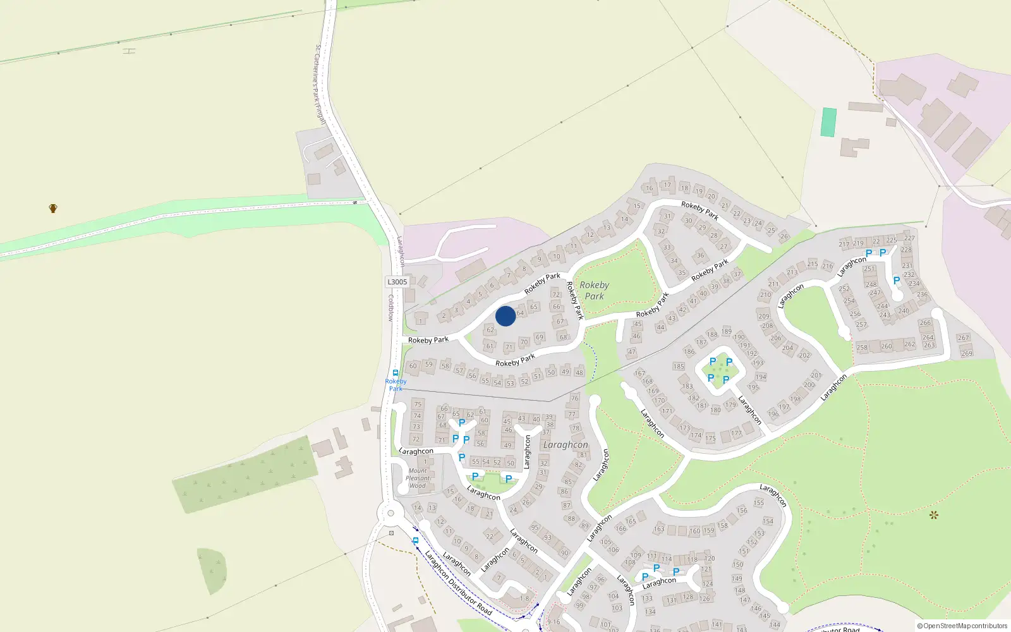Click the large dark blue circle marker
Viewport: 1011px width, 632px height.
tap(505, 316)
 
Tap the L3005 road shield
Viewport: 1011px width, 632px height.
tap(397, 282)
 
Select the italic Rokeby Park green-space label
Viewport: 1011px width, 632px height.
tap(594, 291)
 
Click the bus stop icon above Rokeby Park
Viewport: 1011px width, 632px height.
tap(396, 373)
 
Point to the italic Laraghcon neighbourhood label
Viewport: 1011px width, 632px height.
tap(566, 445)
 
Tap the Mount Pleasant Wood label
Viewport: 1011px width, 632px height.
tap(418, 478)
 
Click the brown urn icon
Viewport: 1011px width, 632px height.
tap(53, 208)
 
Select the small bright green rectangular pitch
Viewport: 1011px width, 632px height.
tap(828, 122)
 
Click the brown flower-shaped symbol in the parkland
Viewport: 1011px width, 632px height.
tap(934, 515)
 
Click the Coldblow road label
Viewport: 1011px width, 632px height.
tap(391, 308)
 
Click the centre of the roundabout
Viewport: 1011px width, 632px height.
tap(390, 513)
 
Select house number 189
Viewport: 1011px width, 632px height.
tap(727, 331)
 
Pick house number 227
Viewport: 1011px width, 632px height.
tap(909, 238)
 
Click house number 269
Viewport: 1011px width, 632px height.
tap(967, 353)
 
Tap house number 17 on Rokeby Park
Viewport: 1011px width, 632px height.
tap(667, 185)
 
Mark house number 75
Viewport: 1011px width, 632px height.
tap(417, 404)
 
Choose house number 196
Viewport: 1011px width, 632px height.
tap(773, 415)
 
